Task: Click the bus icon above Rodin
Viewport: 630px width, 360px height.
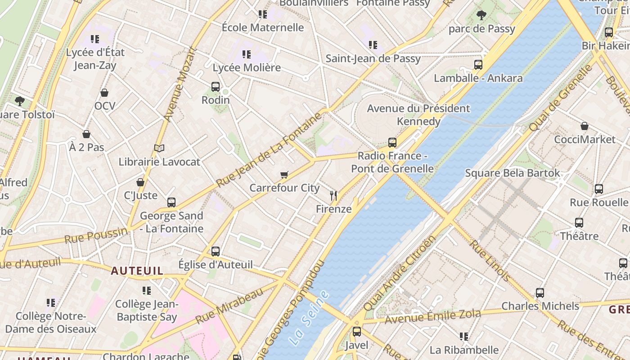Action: [216, 87]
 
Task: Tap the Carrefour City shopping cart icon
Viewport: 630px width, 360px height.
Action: [284, 175]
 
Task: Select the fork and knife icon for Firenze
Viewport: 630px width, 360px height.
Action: [333, 196]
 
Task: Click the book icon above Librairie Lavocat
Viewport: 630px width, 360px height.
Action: [159, 148]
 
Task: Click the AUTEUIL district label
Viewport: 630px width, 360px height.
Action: [137, 270]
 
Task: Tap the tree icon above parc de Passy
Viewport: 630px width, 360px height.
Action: [481, 15]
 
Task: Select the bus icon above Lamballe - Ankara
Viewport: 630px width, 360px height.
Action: [478, 65]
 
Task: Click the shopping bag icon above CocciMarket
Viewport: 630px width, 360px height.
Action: [584, 126]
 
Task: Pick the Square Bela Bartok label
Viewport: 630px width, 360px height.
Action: [513, 173]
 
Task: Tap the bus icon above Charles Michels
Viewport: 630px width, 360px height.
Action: [540, 293]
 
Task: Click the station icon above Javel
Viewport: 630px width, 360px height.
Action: [357, 332]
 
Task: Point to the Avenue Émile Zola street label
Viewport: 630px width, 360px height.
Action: [433, 316]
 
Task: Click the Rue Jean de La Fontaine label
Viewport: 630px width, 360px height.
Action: [269, 150]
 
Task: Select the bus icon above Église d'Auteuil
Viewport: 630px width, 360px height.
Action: [216, 252]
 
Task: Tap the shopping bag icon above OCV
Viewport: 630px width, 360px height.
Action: [104, 93]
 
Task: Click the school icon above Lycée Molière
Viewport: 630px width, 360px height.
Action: [247, 54]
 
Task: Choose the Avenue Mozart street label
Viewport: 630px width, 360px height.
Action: [180, 84]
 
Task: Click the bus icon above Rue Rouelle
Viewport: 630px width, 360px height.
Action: [598, 189]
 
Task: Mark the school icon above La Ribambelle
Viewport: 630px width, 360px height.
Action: [464, 337]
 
